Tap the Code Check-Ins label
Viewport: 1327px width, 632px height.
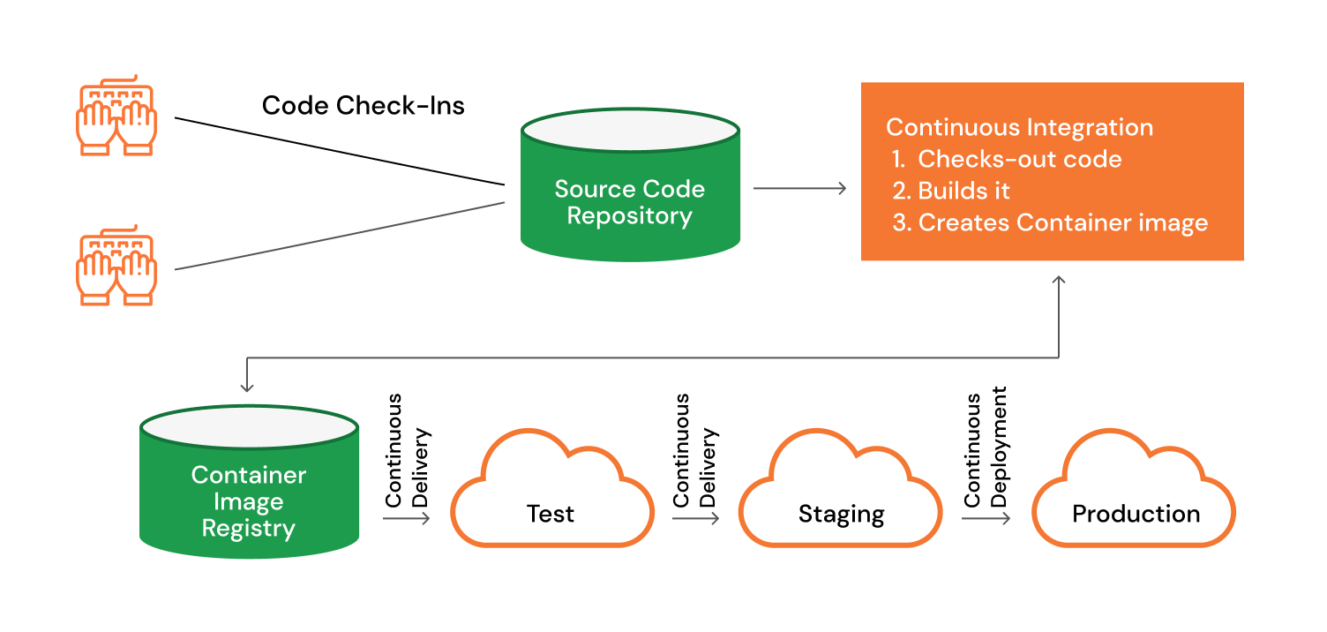click(x=364, y=106)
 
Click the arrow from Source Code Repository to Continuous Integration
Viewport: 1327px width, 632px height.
click(x=799, y=188)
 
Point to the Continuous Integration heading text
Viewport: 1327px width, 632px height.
click(x=1019, y=127)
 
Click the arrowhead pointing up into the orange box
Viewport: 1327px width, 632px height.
click(x=1059, y=281)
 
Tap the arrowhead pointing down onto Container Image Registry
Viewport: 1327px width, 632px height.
click(x=247, y=386)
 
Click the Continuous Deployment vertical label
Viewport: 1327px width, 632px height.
click(x=986, y=448)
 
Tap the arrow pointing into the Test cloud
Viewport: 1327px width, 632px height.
click(x=407, y=518)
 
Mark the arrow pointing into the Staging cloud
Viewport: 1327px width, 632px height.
click(x=695, y=518)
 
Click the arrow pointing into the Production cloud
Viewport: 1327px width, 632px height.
click(x=986, y=518)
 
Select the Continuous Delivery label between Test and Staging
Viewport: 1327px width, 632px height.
click(x=695, y=451)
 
